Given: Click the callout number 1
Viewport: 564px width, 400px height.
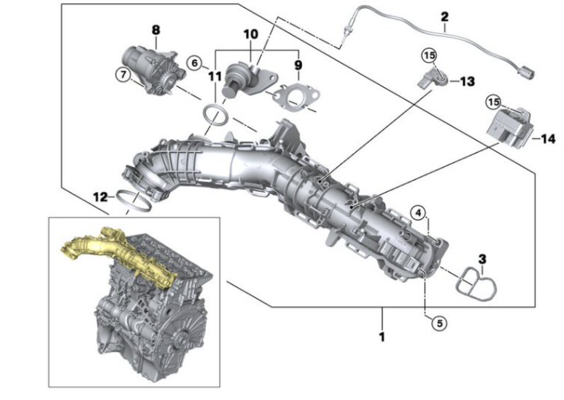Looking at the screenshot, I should (382, 337).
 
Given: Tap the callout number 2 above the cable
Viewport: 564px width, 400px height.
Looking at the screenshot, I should (444, 16).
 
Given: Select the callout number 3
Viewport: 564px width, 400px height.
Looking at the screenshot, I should (482, 258).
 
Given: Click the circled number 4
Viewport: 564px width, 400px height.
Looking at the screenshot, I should (417, 212).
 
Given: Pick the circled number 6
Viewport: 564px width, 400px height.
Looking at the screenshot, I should (194, 62).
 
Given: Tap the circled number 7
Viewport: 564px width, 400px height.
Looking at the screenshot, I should (122, 75).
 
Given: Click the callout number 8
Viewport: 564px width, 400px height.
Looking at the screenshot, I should (156, 30).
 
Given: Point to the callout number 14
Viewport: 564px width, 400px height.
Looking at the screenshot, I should (547, 138).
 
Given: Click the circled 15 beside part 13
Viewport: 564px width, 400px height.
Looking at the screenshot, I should (429, 55).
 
